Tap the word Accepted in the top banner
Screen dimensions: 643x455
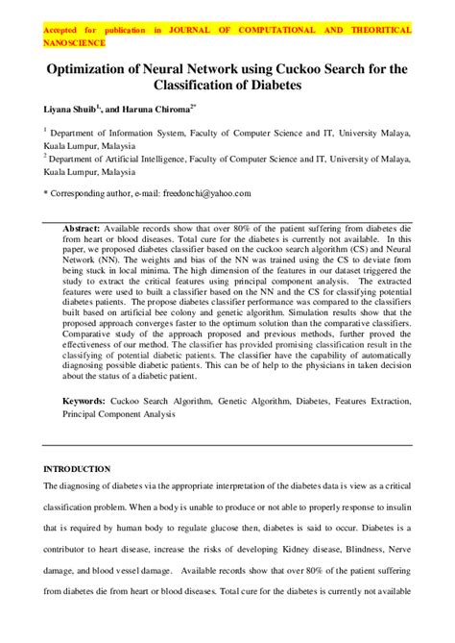(x=62, y=31)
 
